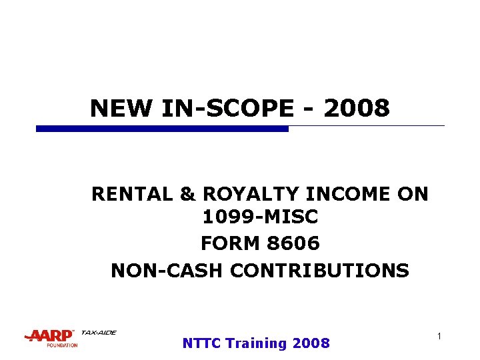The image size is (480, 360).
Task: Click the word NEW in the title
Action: tap(114, 108)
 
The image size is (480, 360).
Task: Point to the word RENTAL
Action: tap(131, 194)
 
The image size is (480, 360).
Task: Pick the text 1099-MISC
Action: tap(259, 217)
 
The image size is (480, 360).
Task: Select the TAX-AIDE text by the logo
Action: tap(98, 333)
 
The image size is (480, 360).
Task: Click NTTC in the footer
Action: tap(201, 343)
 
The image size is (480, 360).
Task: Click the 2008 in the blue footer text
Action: tap(311, 343)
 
